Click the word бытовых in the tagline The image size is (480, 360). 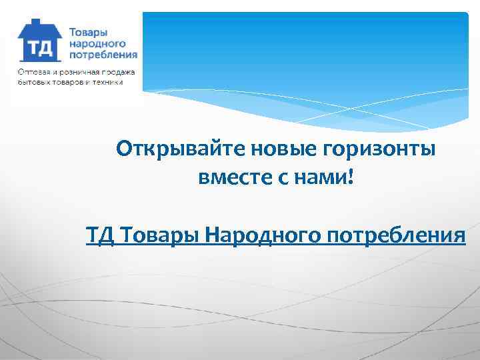(33, 82)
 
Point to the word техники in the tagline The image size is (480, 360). (109, 82)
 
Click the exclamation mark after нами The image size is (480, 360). (351, 177)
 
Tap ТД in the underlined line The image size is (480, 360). (97, 236)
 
